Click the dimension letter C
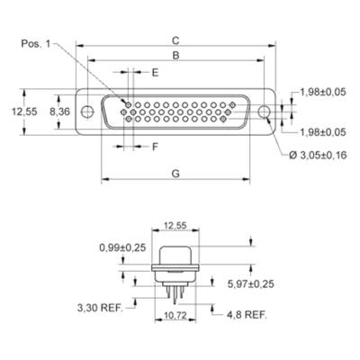tap(175, 40)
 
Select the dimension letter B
tap(175, 56)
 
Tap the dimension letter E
tap(155, 73)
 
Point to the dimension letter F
tap(155, 147)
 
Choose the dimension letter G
tap(175, 174)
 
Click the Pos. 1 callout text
tap(36, 44)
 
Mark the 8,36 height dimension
tap(59, 112)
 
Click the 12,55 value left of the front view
tap(24, 112)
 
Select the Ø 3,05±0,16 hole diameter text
tap(318, 155)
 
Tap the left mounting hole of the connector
tap(87, 112)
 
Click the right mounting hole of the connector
tap(265, 112)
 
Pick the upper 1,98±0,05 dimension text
tap(323, 92)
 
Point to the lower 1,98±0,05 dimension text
tap(323, 132)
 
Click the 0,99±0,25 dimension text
tap(122, 247)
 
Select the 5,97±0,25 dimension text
tap(251, 283)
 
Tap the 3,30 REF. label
tap(100, 308)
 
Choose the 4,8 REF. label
tap(247, 315)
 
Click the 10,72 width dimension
tap(175, 315)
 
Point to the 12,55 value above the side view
tap(175, 225)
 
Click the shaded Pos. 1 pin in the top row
tap(128, 105)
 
